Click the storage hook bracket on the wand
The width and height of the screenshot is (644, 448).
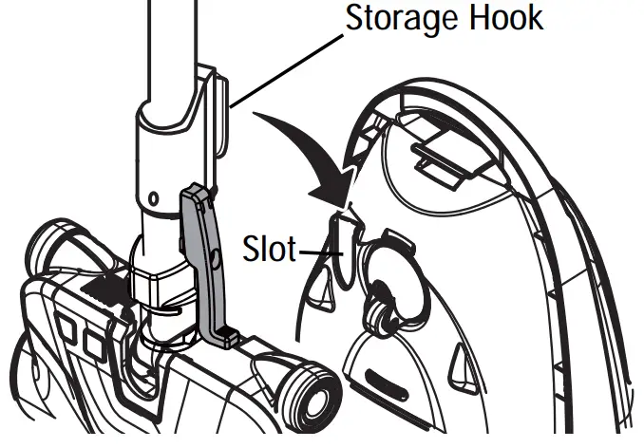click(216, 104)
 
